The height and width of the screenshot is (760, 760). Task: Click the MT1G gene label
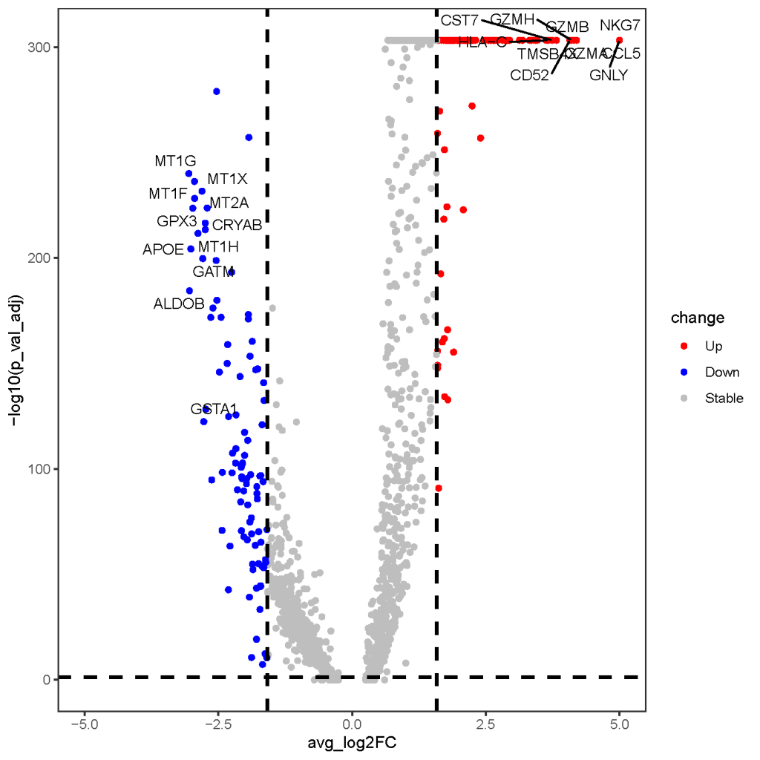(175, 160)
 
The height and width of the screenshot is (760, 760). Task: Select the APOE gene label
(163, 249)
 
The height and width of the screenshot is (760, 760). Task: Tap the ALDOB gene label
(178, 304)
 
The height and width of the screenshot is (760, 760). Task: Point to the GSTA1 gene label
(214, 409)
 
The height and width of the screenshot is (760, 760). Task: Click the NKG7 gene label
(620, 24)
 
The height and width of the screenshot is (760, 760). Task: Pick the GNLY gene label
(609, 75)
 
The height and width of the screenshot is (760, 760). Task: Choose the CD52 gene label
(529, 75)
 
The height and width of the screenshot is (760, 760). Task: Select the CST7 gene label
(459, 20)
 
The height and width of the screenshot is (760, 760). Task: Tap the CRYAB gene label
(237, 225)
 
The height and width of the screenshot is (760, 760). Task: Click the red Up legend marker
(684, 346)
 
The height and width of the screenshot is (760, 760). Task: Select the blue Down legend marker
(684, 372)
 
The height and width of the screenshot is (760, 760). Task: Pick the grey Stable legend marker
(684, 398)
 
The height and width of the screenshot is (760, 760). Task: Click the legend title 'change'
(697, 318)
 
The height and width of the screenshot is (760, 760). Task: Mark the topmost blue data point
(217, 91)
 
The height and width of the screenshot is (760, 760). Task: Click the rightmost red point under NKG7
(619, 40)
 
